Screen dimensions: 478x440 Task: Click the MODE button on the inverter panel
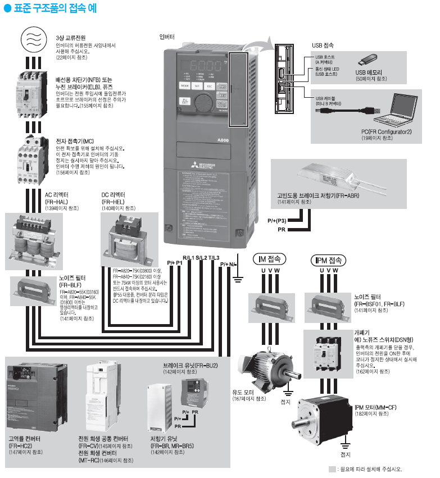[184, 87]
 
